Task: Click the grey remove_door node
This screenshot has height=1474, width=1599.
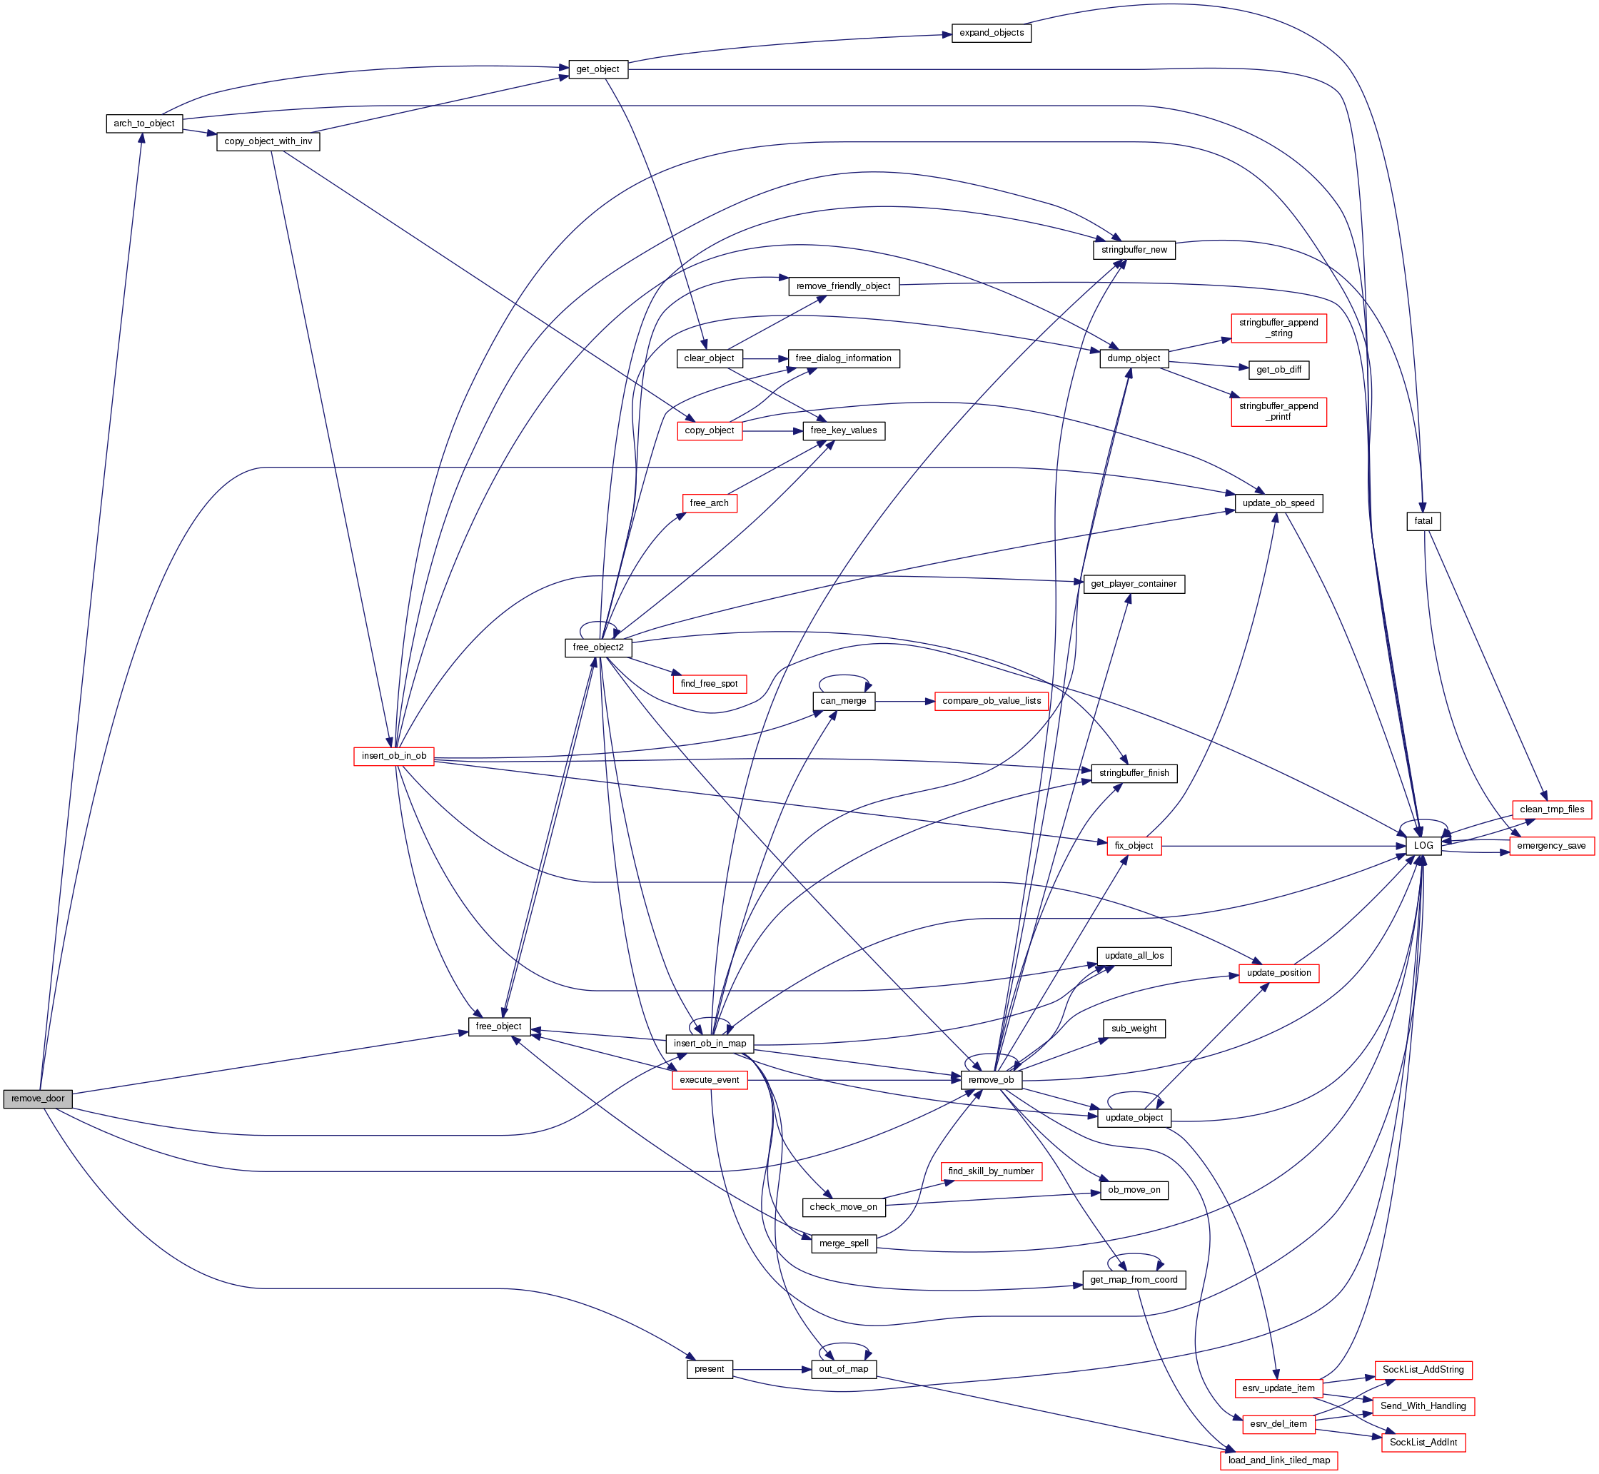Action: [38, 1099]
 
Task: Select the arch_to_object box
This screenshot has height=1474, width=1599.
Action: [144, 123]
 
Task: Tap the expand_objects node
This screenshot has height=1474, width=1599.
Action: [991, 34]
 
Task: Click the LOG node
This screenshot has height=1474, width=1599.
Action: [1423, 845]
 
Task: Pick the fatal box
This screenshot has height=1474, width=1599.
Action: [1423, 521]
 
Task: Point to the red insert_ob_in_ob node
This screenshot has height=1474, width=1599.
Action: [394, 756]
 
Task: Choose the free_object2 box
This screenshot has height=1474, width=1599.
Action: [598, 647]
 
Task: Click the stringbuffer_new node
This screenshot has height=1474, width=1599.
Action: [1134, 250]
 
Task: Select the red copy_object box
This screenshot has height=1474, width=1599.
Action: [709, 430]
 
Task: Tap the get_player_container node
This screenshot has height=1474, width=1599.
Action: [1134, 584]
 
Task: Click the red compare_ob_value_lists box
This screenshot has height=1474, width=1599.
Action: [991, 701]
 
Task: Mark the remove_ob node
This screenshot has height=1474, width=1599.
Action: [991, 1080]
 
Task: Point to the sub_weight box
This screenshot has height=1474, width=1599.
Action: [1134, 1029]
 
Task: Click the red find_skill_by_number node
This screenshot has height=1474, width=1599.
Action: [991, 1171]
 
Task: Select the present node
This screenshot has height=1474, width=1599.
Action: [709, 1370]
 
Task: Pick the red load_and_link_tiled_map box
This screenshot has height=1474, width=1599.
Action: [1278, 1460]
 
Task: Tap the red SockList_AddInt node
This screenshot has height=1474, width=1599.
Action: [1423, 1442]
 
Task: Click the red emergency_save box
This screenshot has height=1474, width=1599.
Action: [1550, 845]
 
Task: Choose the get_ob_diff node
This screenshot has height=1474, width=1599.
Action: [1278, 370]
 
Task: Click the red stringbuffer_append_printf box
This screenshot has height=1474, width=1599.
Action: [1278, 412]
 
